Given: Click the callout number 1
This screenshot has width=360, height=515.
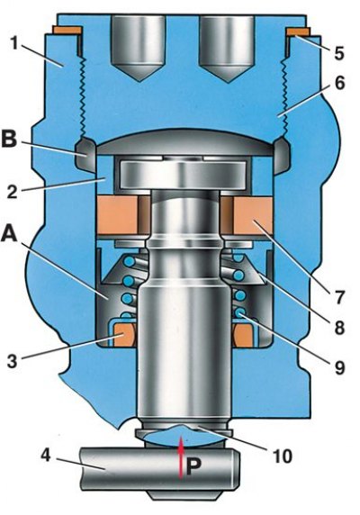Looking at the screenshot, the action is [14, 44].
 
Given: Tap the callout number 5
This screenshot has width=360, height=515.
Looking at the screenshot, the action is [339, 53].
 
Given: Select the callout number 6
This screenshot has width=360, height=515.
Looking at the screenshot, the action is [339, 83].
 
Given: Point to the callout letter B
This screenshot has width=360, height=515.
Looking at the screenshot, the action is [9, 140].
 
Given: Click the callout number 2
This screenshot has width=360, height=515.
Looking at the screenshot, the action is [12, 191].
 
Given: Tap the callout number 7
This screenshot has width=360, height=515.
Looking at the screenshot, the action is [339, 297].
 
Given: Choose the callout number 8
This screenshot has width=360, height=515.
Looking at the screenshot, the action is [339, 327].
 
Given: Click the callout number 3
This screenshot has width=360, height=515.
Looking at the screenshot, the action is [12, 361].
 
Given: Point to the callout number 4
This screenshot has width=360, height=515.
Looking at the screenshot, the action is [46, 456].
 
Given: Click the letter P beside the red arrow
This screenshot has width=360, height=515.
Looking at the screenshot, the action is [193, 466].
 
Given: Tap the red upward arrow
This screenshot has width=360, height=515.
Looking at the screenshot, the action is [180, 458].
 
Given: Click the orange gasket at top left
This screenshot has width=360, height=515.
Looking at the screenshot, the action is [67, 31].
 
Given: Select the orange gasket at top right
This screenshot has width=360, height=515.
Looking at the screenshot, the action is [298, 32].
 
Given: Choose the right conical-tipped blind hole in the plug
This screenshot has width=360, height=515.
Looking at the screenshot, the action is [227, 49].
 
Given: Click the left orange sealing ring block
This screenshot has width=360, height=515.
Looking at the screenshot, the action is [120, 215].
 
